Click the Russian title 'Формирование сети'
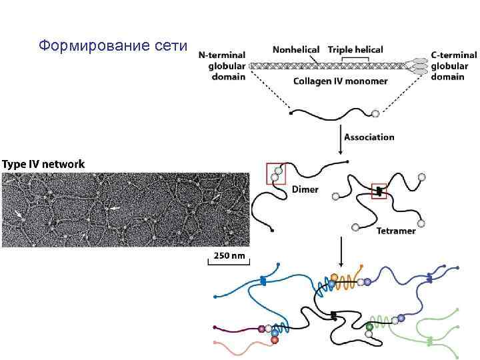115,46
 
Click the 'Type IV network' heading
43,163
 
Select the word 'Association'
369,137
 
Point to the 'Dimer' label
305,189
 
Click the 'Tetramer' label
396,231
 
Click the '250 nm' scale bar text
229,255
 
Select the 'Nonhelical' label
295,50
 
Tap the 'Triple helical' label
355,50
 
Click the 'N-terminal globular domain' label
222,65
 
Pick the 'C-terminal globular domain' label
453,65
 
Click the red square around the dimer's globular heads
276,173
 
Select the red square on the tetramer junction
379,191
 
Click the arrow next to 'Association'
341,137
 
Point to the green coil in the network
381,321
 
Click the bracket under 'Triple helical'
355,59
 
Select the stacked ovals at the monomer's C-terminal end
420,65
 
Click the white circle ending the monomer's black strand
375,113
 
